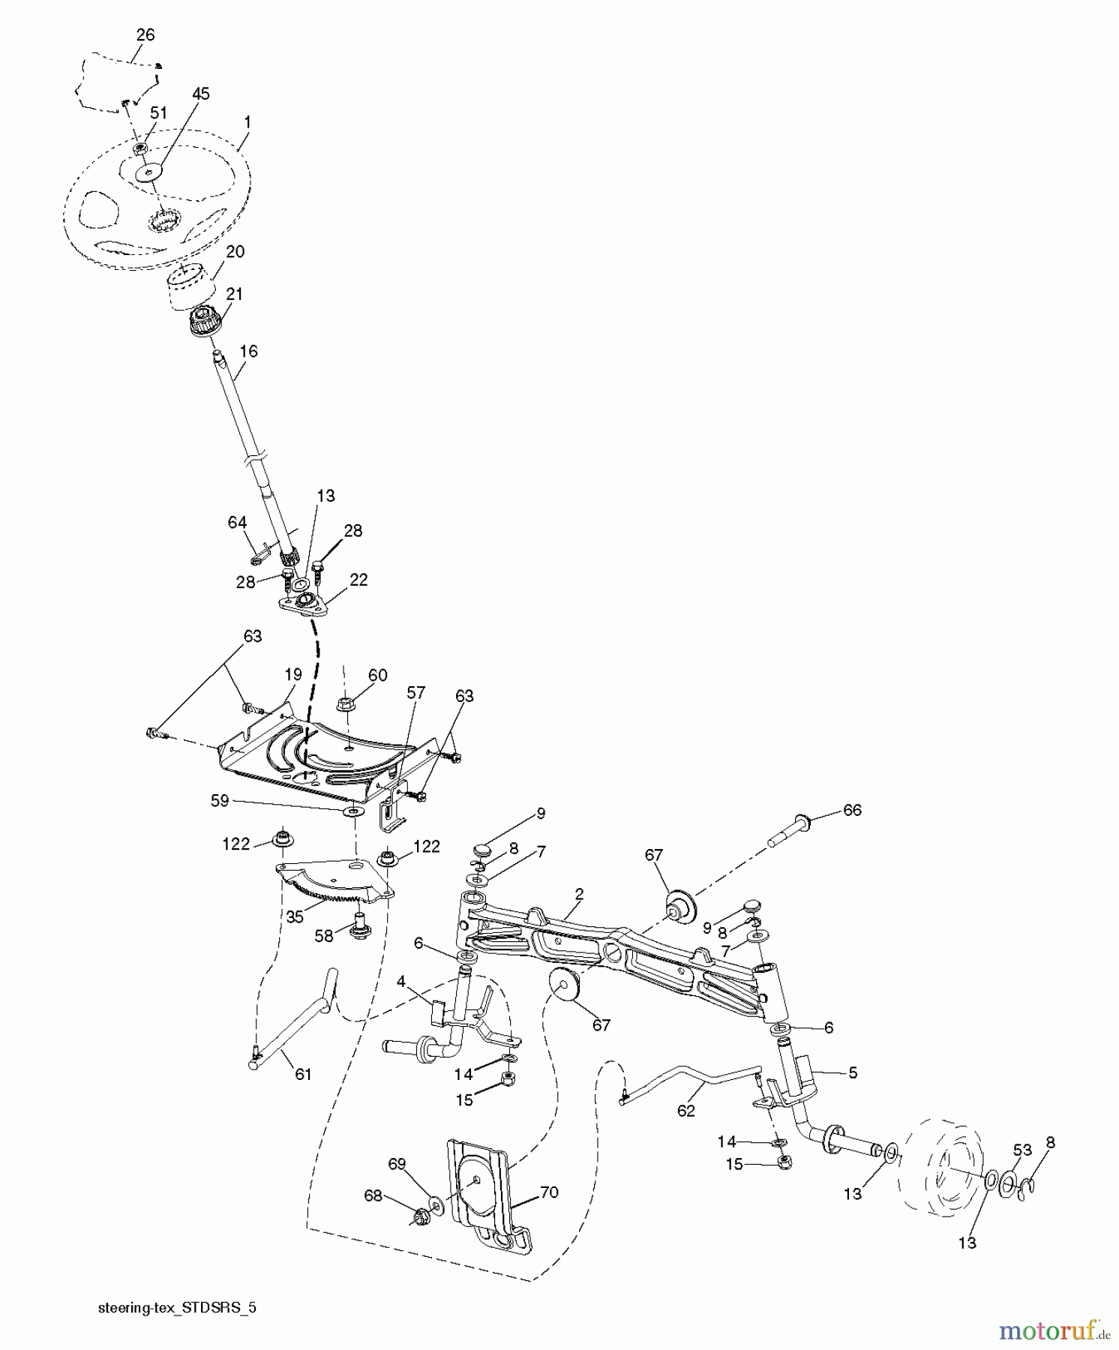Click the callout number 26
coord(145,34)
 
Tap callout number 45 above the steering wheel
coord(200,94)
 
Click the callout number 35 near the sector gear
coord(295,916)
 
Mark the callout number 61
coord(302,1074)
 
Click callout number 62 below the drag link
coord(686,1111)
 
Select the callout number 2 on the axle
coord(579,893)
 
